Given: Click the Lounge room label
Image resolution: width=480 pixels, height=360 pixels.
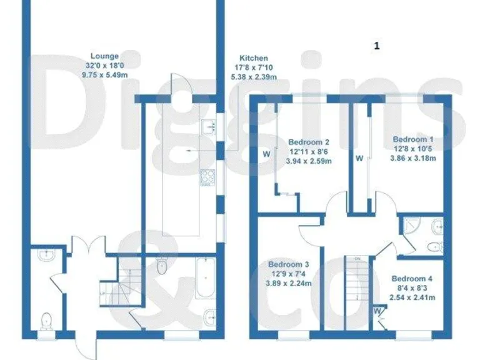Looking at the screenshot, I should pos(104,56).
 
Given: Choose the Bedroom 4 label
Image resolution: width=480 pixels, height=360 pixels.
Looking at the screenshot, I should pos(412,279).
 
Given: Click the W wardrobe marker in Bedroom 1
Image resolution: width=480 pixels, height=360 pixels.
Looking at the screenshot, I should pos(359,159).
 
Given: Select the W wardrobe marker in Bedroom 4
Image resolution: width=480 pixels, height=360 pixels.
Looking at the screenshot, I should pos(378,309).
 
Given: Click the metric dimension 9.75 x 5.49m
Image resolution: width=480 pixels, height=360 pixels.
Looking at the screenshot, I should pos(104,74).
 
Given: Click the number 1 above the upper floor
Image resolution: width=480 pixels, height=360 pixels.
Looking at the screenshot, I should pos(376,46).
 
